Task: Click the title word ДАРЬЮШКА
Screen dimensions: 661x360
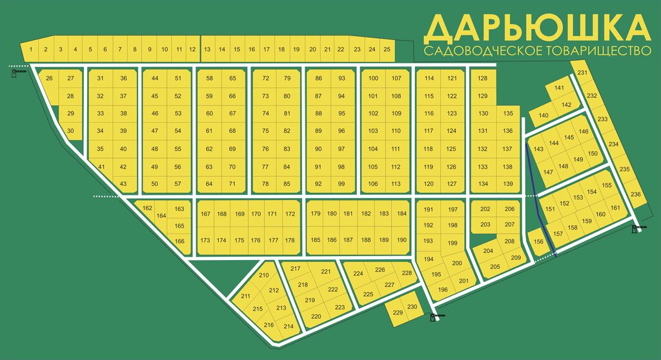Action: click(536, 26)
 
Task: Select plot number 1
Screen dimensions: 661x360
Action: click(30, 50)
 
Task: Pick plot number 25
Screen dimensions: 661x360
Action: click(387, 50)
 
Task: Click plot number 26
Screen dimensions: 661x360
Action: click(48, 79)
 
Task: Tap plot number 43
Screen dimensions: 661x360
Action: click(124, 184)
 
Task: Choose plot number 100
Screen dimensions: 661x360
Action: click(373, 79)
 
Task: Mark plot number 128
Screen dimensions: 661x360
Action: click(482, 79)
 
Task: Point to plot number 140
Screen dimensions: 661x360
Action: click(543, 116)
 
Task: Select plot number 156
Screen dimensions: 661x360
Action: click(539, 242)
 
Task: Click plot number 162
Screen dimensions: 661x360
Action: click(148, 208)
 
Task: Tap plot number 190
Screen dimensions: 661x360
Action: click(402, 240)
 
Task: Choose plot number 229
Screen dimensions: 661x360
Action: click(398, 313)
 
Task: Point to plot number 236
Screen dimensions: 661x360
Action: click(635, 194)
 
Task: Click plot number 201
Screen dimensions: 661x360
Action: click(463, 281)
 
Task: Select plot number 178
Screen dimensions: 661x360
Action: click(289, 240)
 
